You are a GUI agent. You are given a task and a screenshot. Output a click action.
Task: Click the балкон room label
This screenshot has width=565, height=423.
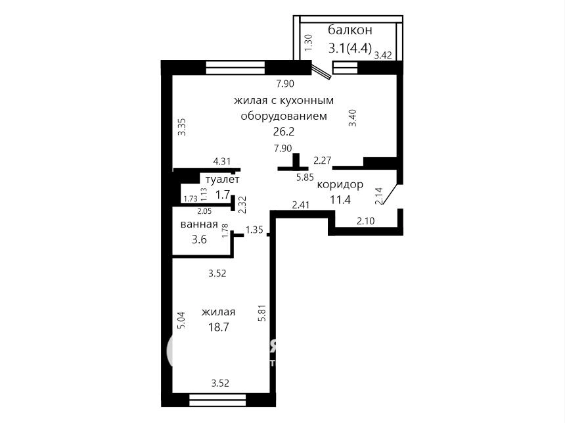click(x=350, y=30)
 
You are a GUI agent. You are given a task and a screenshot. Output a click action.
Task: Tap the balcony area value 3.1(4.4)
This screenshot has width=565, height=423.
click(x=350, y=47)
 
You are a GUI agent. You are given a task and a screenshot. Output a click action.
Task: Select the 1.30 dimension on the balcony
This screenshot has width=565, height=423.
click(x=308, y=43)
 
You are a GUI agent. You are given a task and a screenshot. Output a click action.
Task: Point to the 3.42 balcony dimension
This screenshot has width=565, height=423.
click(x=382, y=55)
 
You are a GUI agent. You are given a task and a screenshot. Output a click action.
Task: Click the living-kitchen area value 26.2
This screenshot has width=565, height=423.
click(x=284, y=132)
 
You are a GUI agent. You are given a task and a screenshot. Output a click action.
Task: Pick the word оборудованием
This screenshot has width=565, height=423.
click(x=284, y=116)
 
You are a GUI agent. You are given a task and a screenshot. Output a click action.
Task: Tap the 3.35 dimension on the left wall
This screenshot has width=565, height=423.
click(x=183, y=127)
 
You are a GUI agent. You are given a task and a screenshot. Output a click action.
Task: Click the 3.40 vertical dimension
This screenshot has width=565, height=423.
click(x=353, y=118)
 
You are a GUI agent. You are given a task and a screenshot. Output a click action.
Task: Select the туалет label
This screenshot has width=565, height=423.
click(x=222, y=179)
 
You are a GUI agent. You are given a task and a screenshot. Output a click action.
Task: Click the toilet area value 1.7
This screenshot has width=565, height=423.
click(x=222, y=195)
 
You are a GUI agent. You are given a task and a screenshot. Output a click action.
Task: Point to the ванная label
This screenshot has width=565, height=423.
click(x=199, y=224)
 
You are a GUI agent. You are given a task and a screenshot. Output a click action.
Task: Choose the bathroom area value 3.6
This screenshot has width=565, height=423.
click(x=199, y=239)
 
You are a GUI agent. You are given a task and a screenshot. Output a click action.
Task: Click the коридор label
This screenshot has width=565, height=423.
click(x=340, y=184)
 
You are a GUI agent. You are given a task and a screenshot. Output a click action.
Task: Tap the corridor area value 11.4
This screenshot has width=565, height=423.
click(x=340, y=199)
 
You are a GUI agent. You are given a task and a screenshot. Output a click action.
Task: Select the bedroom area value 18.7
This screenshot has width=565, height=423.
click(x=219, y=327)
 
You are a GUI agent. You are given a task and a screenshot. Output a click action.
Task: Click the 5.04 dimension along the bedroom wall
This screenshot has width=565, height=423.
click(x=182, y=320)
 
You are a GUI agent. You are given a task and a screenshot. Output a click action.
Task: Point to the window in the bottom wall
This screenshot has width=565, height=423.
click(x=217, y=400)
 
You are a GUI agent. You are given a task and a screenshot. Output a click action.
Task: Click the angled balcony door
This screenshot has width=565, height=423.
click(x=321, y=72)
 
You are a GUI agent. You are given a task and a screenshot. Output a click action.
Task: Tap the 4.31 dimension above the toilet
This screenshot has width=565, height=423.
click(x=221, y=161)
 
